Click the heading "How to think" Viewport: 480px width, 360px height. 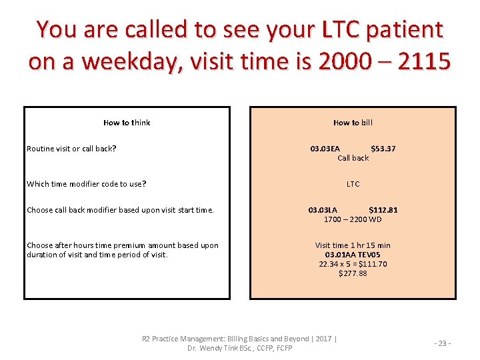coord(127,123)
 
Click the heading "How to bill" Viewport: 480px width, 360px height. coord(353,123)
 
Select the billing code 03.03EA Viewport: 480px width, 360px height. coord(325,149)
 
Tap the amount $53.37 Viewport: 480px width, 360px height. coord(383,149)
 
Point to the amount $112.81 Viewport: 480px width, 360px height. coord(383,210)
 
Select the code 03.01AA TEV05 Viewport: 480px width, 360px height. coord(353,255)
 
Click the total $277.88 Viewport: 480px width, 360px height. coord(353,273)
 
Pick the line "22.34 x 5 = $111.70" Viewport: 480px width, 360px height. coord(353,264)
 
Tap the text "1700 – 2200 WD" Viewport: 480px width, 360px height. coord(353,219)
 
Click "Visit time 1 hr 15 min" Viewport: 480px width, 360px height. coord(353,245)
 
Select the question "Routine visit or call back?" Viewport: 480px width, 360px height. coord(71,149)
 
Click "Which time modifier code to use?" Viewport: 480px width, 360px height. coord(87,184)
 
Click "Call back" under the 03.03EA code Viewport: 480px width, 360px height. coord(353,158)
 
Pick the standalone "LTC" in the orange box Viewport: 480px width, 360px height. coord(353,184)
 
